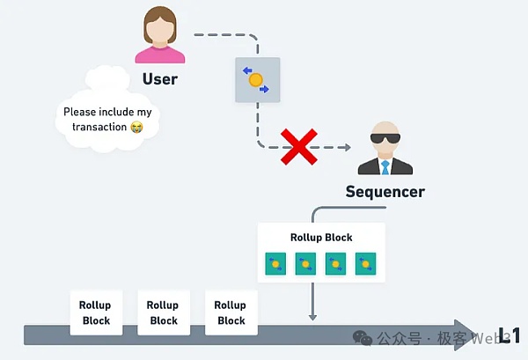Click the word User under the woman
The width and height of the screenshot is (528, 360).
click(160, 79)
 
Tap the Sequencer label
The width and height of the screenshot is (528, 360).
click(385, 191)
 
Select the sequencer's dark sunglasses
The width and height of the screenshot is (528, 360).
click(385, 139)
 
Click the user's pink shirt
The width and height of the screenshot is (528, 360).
click(160, 55)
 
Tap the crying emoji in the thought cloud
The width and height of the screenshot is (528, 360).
click(136, 128)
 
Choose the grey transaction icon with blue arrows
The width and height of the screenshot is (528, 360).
click(256, 79)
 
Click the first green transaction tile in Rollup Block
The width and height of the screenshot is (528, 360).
click(276, 262)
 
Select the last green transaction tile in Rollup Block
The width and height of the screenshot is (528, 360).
click(366, 262)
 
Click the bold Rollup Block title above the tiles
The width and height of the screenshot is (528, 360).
click(321, 238)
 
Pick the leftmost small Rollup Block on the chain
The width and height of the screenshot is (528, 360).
click(96, 313)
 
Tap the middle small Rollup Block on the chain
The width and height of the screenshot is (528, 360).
click(164, 313)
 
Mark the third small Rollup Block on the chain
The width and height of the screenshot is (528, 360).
click(231, 313)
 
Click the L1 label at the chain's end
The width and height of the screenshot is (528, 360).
click(510, 334)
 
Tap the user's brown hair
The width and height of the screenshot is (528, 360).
click(160, 15)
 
